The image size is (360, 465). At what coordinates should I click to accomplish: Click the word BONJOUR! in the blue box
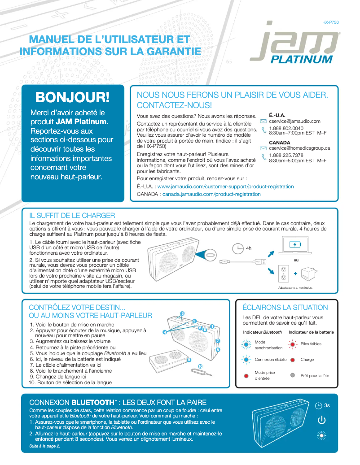coord(72,97)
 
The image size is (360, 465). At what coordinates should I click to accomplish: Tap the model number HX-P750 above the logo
coord(330,22)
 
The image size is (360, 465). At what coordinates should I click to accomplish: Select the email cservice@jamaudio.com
coord(294,121)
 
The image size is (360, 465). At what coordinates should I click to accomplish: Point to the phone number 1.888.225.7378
coord(286,155)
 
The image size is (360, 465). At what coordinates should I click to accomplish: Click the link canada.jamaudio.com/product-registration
coord(211,194)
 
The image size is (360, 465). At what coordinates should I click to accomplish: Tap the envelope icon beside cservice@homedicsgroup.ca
coord(263,148)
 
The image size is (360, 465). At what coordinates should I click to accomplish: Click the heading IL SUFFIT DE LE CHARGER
coord(72,215)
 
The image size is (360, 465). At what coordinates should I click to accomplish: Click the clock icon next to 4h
coord(238,248)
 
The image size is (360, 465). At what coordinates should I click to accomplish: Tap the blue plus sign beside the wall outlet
coord(295,274)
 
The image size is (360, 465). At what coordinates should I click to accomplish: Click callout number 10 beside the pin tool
coord(200,366)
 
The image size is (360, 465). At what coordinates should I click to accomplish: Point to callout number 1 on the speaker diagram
coord(211,326)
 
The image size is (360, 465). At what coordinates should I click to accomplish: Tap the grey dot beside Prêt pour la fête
coord(292,375)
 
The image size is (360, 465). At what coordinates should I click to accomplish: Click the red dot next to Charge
coord(292,360)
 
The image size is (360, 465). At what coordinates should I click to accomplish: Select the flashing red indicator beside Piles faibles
coord(292,344)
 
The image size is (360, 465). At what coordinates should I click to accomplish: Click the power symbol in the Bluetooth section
coord(321,420)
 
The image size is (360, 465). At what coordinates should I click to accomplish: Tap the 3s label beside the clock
coord(327,405)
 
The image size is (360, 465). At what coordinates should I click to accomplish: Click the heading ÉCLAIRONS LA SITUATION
coord(285,308)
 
